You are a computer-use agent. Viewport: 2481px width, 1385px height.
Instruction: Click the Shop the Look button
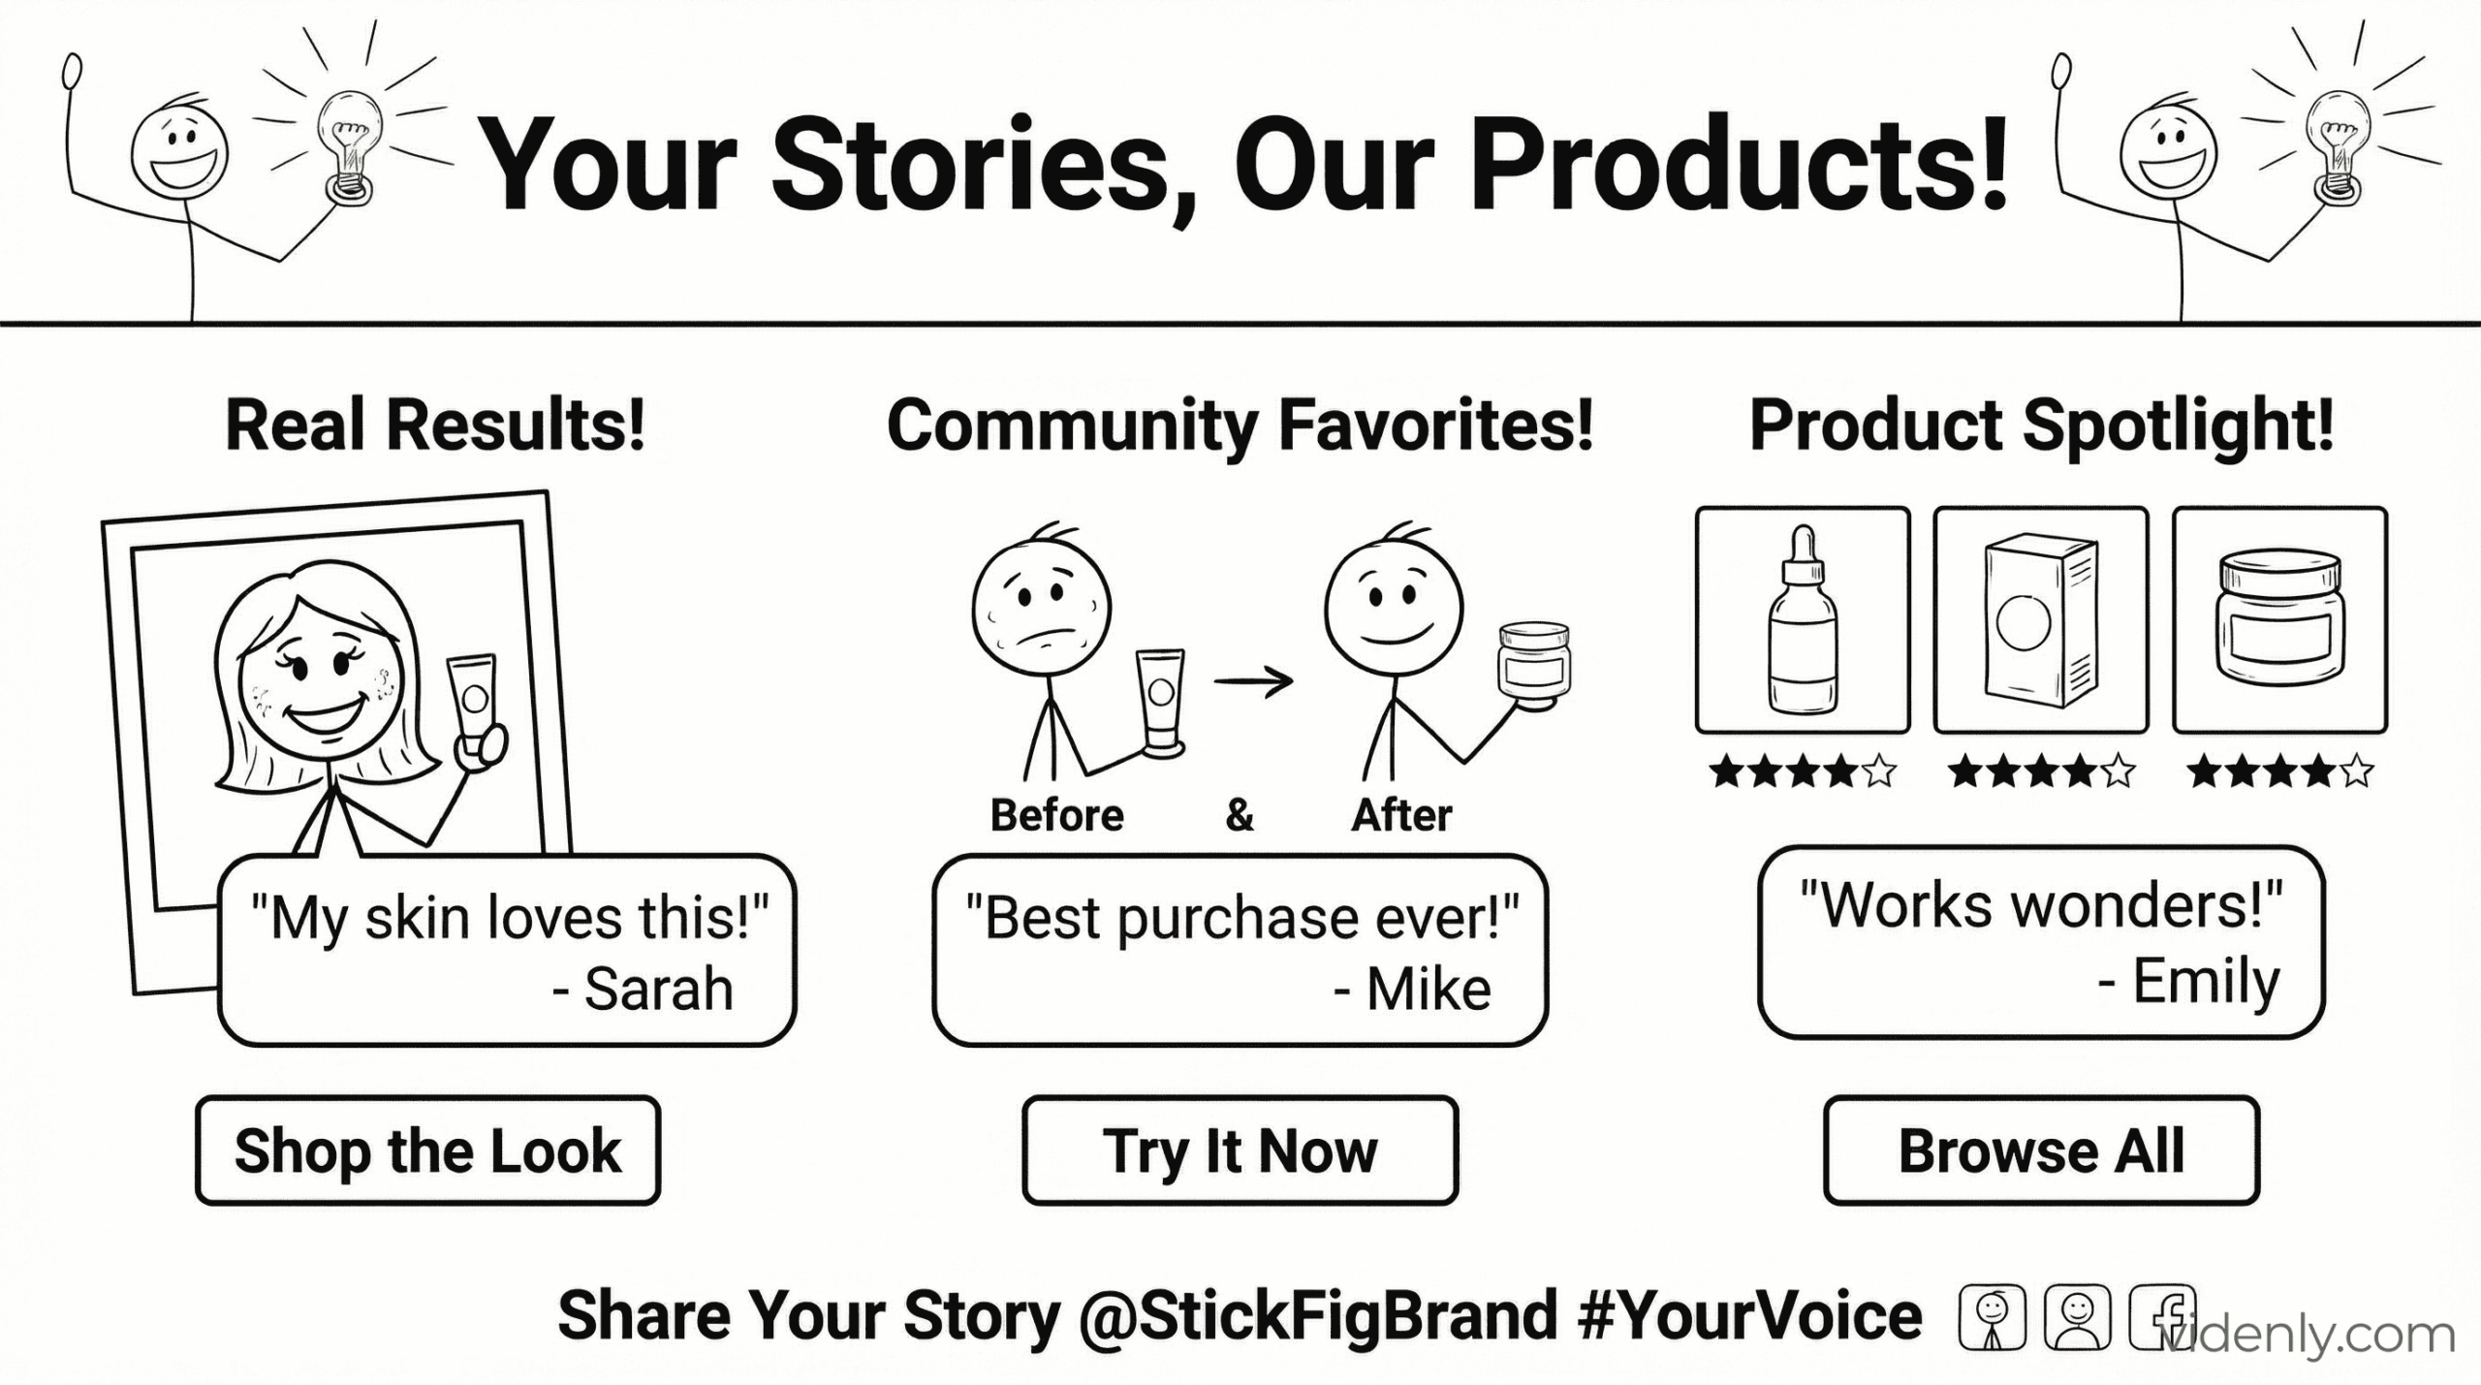pos(427,1150)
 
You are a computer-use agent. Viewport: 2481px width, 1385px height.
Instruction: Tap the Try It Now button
pos(1240,1150)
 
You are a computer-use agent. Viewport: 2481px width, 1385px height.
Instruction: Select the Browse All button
pos(2041,1150)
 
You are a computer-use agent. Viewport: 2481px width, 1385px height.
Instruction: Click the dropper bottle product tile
pos(1803,620)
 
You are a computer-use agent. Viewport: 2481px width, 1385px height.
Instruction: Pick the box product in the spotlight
pos(2041,620)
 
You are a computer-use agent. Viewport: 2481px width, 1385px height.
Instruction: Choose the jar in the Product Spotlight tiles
pos(2279,620)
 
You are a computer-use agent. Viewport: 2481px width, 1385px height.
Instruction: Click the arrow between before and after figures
pos(1253,681)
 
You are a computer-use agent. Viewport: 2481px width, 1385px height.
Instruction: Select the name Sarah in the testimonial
pos(659,990)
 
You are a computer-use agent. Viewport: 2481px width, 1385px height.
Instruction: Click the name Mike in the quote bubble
pos(1429,990)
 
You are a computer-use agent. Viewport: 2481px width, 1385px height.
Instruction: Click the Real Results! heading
pos(435,425)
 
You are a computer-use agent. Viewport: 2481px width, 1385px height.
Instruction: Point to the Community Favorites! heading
pos(1240,427)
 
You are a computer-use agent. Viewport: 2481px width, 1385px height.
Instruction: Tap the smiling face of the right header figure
pos(2168,151)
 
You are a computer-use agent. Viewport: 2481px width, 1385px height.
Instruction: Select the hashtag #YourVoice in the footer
pos(1750,1316)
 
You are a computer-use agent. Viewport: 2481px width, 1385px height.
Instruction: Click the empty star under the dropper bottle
pos(1879,772)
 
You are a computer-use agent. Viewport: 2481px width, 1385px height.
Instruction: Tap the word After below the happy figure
pos(1401,816)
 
